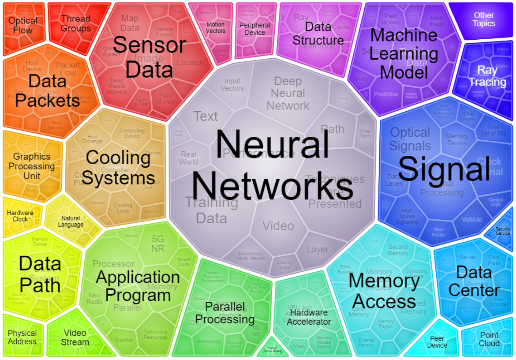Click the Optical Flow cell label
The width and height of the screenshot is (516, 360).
click(x=23, y=26)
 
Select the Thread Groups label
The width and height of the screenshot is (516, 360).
click(x=75, y=23)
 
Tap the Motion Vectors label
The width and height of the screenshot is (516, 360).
click(x=216, y=28)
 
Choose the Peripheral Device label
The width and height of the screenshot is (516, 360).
click(x=255, y=29)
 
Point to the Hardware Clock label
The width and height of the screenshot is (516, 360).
click(x=20, y=216)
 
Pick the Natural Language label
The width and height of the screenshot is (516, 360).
click(x=71, y=221)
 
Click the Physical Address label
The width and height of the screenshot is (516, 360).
click(x=22, y=337)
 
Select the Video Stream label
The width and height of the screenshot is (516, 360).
click(x=75, y=337)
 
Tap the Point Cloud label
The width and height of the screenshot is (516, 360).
click(x=489, y=339)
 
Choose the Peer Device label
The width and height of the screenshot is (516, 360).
click(x=437, y=342)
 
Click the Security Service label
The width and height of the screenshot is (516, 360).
click(x=503, y=231)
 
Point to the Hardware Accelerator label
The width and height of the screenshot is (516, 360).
click(x=309, y=317)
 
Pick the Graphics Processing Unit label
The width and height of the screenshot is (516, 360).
click(x=32, y=166)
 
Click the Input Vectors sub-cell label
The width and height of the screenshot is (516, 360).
click(x=232, y=85)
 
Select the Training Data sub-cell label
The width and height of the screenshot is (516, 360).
click(x=212, y=210)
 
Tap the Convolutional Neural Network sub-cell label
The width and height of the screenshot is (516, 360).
click(x=251, y=256)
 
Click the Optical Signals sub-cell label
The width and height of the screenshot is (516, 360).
click(x=410, y=139)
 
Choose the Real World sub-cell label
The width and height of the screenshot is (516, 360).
click(x=189, y=158)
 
